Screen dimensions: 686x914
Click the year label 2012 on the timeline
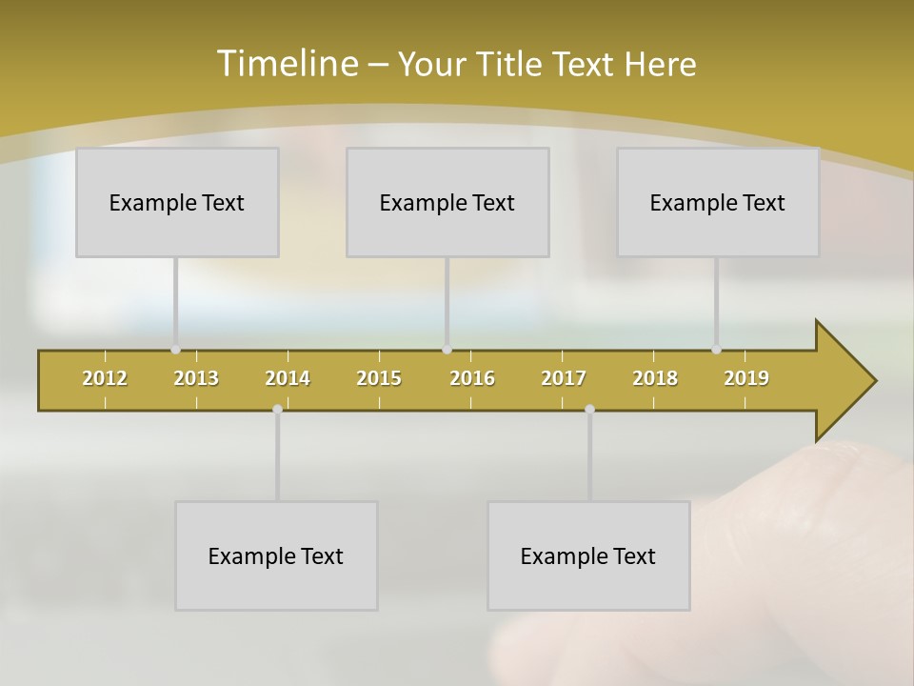pyautogui.click(x=105, y=378)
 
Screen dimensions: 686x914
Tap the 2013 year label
pyautogui.click(x=196, y=378)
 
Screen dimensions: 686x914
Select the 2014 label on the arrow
pyautogui.click(x=288, y=378)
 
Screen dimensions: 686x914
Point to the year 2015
pyautogui.click(x=379, y=378)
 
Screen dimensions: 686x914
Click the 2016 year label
pyautogui.click(x=472, y=378)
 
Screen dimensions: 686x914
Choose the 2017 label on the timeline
pyautogui.click(x=564, y=378)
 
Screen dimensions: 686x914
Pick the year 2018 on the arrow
pyautogui.click(x=655, y=378)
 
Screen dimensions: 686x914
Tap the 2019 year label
pyautogui.click(x=746, y=378)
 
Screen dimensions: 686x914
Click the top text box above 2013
pyautogui.click(x=177, y=202)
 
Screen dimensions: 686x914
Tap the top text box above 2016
pyautogui.click(x=447, y=202)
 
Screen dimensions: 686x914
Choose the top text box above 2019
pyautogui.click(x=718, y=202)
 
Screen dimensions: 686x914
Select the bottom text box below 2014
pyautogui.click(x=276, y=555)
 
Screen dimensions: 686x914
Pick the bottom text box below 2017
pyautogui.click(x=588, y=555)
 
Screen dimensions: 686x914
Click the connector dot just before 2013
pyautogui.click(x=175, y=350)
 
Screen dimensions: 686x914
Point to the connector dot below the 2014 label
pyautogui.click(x=277, y=410)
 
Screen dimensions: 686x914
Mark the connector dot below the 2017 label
pyautogui.click(x=589, y=410)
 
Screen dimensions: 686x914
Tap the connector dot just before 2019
pyautogui.click(x=716, y=350)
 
